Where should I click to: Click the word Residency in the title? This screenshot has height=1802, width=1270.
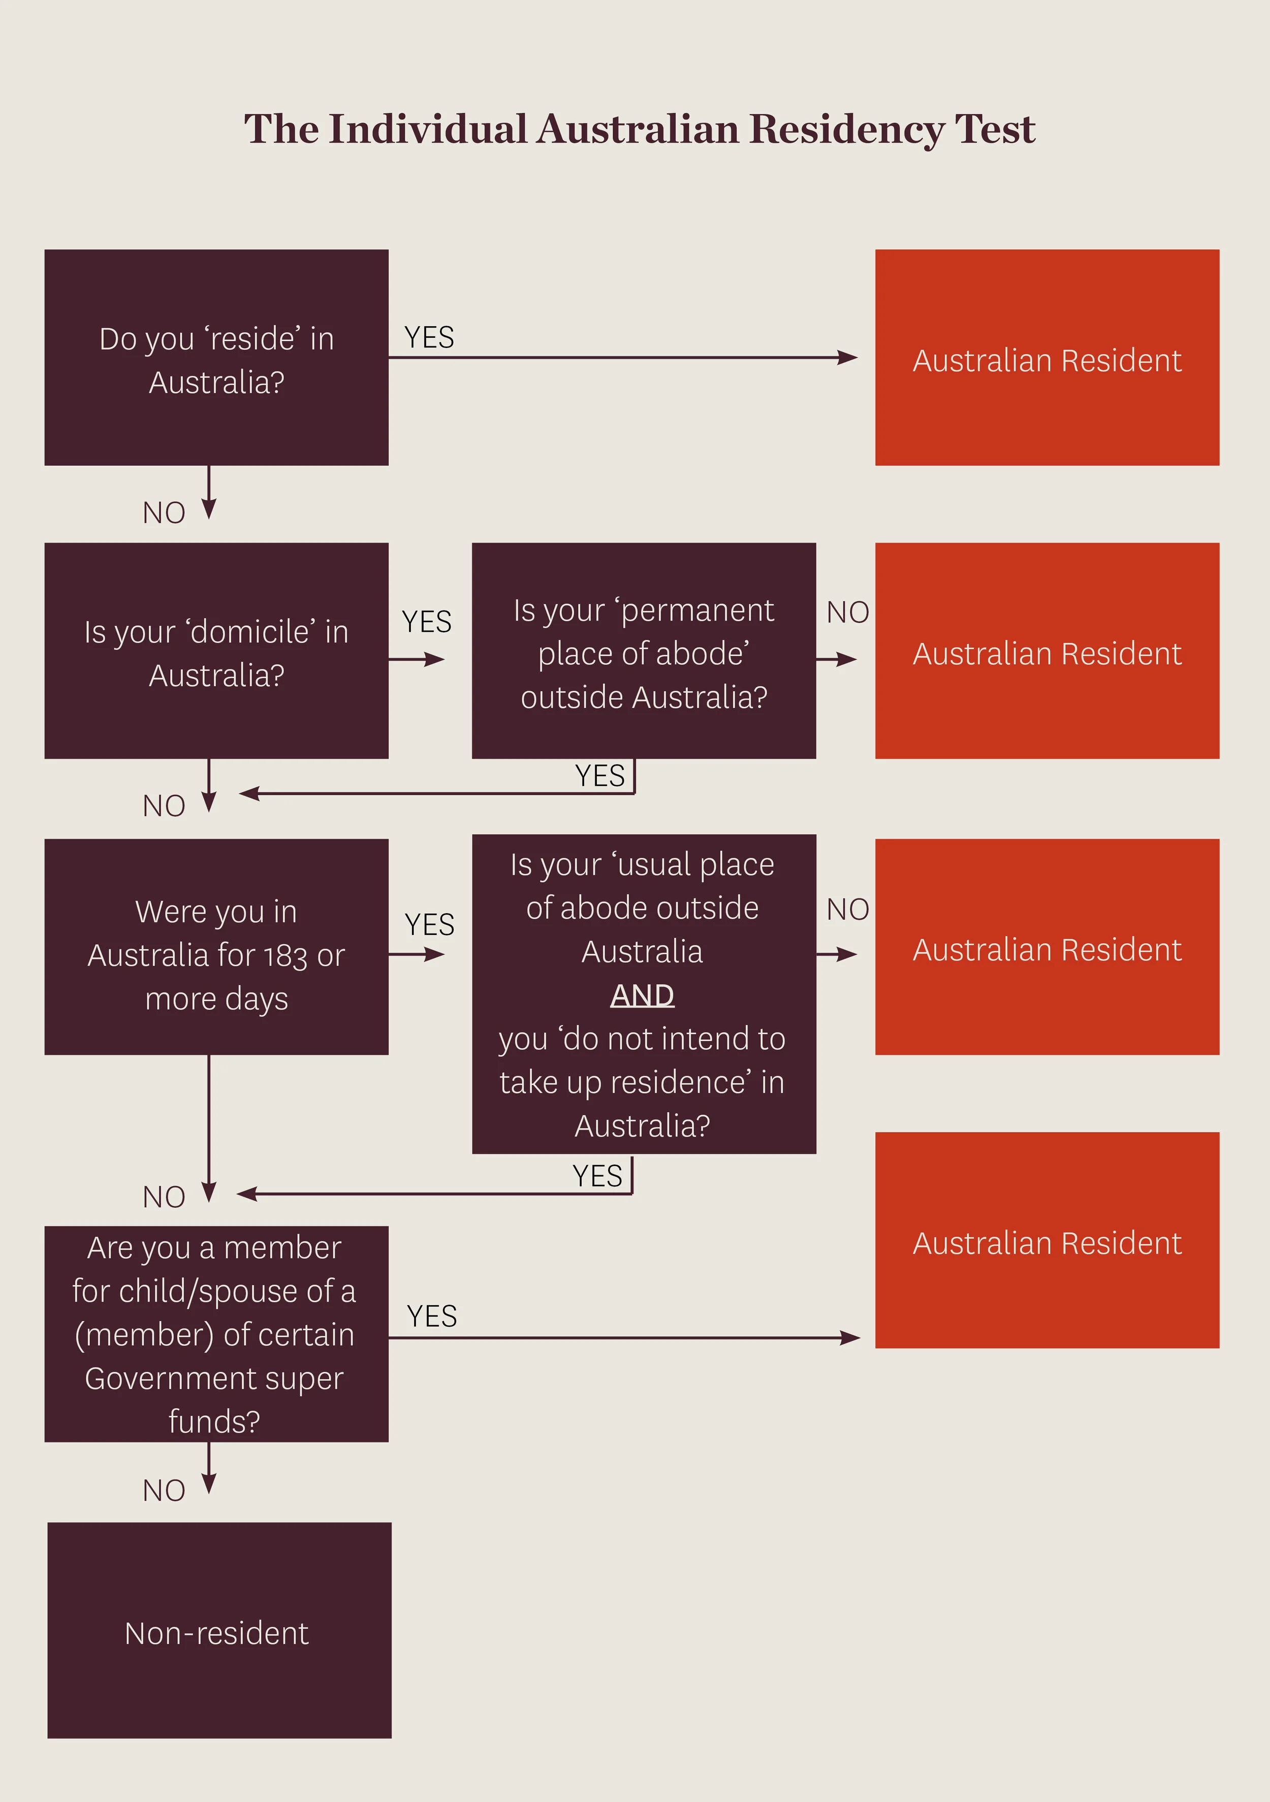(846, 130)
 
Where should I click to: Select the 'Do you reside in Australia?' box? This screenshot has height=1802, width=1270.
(216, 358)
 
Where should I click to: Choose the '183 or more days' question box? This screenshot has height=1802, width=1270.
(216, 947)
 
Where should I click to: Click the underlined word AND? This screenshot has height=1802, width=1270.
(642, 995)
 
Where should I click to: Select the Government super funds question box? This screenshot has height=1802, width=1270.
(216, 1334)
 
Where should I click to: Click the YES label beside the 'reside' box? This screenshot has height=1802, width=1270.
(429, 337)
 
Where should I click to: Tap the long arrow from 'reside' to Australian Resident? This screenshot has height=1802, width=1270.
(620, 358)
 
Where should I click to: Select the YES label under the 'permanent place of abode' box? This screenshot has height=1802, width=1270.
(599, 776)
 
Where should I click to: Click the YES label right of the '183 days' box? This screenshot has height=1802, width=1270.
(429, 924)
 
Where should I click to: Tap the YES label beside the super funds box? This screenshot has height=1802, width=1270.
(431, 1315)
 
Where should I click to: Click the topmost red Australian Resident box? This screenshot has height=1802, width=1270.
(1046, 358)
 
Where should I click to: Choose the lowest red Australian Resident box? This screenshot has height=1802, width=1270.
(1046, 1240)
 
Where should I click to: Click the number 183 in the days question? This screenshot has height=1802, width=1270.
(285, 956)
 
